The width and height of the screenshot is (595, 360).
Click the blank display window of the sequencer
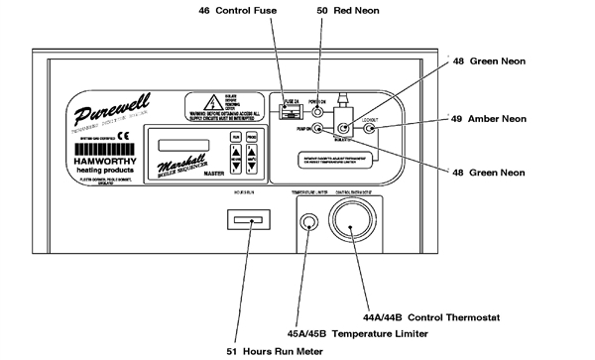coord(184,144)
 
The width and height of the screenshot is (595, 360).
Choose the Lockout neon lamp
coord(371,127)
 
